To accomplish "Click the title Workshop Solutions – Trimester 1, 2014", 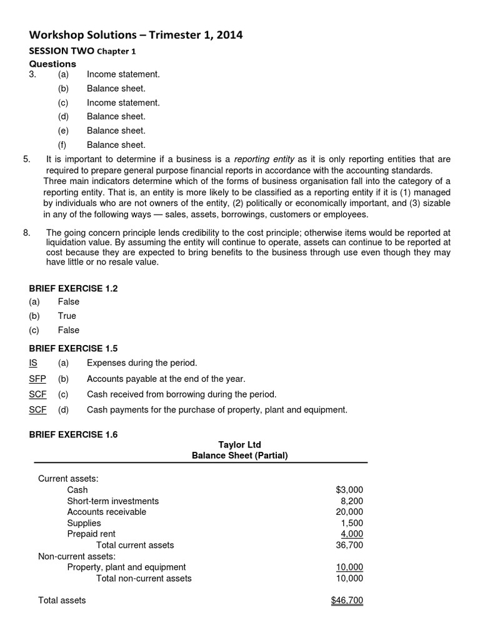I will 136,36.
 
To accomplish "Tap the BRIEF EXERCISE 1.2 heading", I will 73,288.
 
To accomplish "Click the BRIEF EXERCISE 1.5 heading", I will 73,348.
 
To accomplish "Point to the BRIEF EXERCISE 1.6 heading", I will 73,430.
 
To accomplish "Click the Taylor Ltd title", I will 239,445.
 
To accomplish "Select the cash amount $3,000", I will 349,490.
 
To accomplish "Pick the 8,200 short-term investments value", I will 351,501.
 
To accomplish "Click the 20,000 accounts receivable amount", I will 349,512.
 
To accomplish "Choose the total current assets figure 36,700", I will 349,545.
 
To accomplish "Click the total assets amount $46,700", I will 347,600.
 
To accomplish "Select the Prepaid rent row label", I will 91,534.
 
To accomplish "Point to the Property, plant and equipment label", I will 126,567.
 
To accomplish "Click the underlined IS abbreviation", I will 34,363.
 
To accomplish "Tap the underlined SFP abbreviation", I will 37,379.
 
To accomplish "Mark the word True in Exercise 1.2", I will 67,316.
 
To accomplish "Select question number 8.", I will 26,233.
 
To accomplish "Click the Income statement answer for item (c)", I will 123,102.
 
